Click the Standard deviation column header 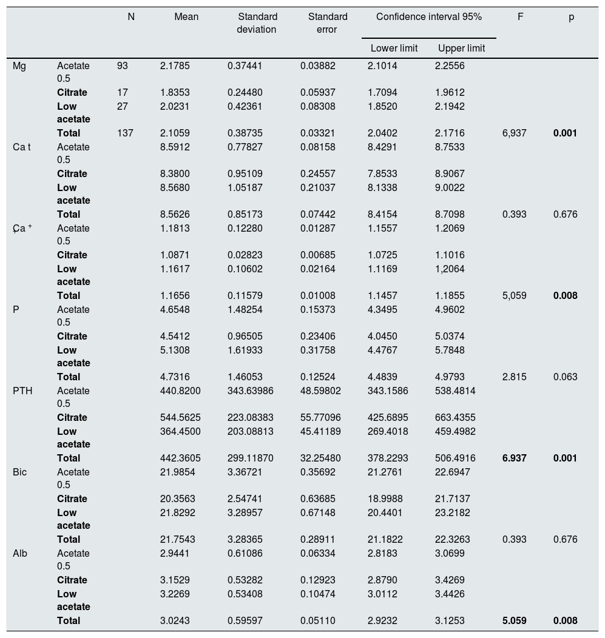[257, 23]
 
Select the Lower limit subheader [394, 49]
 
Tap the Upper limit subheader [461, 49]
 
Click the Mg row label [19, 66]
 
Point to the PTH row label [22, 391]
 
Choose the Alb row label [20, 554]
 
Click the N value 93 [123, 66]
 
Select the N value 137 [125, 133]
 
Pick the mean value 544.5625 [180, 418]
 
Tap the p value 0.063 [565, 377]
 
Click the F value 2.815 [515, 377]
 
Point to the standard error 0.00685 [318, 255]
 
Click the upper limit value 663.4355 [460, 418]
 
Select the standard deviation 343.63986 [251, 391]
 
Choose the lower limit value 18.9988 [385, 499]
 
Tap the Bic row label [20, 472]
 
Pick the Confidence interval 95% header [428, 17]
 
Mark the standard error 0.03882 [318, 66]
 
